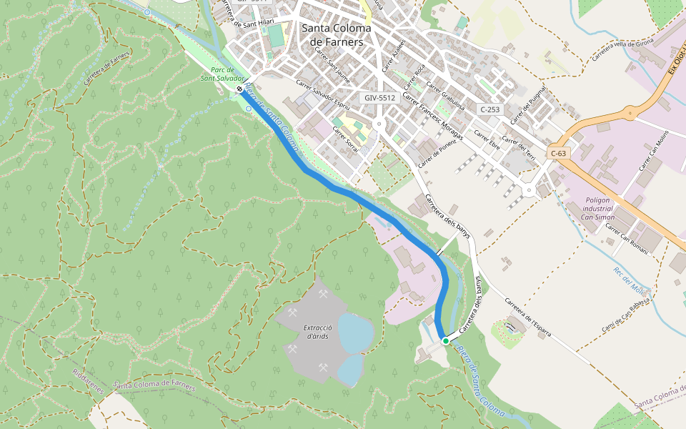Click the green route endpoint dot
click(x=445, y=341)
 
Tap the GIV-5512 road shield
click(x=379, y=97)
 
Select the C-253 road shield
click(x=490, y=109)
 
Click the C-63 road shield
click(x=559, y=153)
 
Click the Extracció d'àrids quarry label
click(x=307, y=332)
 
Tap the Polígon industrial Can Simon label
click(x=599, y=208)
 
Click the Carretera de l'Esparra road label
click(x=532, y=314)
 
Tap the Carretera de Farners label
click(x=108, y=67)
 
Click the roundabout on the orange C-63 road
click(x=630, y=112)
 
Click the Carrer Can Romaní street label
click(x=627, y=238)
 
